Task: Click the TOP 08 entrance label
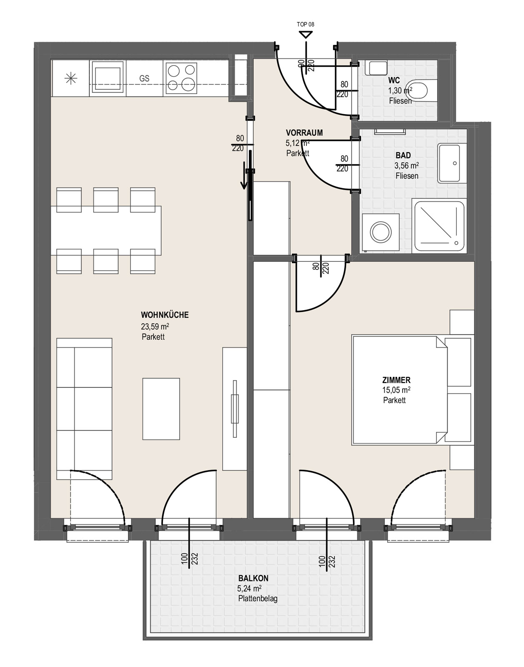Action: point(305,25)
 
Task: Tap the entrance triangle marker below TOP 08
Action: point(306,35)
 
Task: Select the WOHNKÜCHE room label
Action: point(165,315)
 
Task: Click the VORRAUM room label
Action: point(304,133)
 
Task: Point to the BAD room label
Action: point(403,155)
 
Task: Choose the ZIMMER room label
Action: point(396,380)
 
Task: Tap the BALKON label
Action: point(253,578)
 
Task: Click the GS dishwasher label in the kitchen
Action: point(144,78)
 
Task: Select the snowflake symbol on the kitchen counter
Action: point(70,78)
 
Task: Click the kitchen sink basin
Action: point(108,78)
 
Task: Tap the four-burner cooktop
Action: point(181,78)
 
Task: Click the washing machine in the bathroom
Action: point(381,232)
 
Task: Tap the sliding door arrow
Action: point(244,175)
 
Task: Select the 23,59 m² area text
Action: point(155,326)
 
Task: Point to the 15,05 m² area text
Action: point(396,390)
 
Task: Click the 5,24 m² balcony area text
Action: point(249,589)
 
